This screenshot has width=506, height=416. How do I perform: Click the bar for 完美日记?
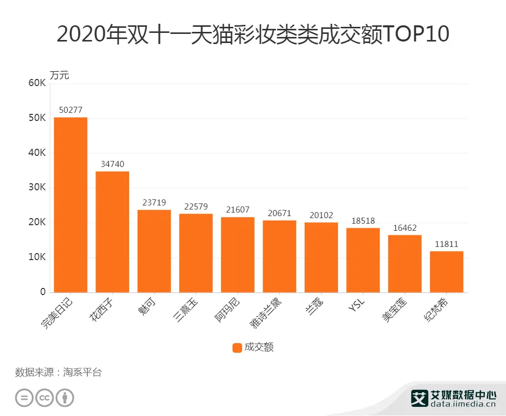click(x=70, y=204)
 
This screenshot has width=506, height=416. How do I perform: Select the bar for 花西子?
click(x=112, y=232)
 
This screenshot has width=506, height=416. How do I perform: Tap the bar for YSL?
click(x=363, y=260)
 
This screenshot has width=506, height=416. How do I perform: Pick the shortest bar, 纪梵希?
click(x=446, y=272)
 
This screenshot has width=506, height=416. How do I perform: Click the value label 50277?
click(x=70, y=110)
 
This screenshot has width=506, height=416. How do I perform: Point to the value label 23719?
click(x=154, y=202)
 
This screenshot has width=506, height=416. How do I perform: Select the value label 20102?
click(x=321, y=215)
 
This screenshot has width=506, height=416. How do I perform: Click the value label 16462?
click(x=404, y=228)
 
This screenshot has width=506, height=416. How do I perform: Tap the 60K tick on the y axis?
click(x=36, y=83)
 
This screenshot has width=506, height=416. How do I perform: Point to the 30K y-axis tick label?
click(x=36, y=188)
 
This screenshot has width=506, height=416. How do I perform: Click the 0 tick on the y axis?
click(x=43, y=292)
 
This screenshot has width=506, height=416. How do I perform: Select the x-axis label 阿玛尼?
click(x=228, y=310)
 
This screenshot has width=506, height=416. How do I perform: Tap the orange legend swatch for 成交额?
click(x=237, y=347)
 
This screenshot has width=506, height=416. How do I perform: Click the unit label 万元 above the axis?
click(x=59, y=75)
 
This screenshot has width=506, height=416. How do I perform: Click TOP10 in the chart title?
click(x=416, y=34)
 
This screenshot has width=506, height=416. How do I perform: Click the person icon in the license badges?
click(x=65, y=398)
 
